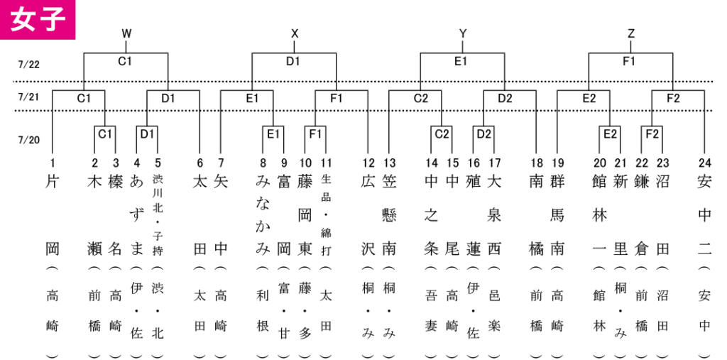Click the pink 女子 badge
coord(37,19)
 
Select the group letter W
coord(126,33)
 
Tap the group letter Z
coord(630,33)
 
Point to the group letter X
coord(295,33)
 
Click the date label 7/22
coord(28,65)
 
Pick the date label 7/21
coord(28,97)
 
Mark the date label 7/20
coord(28,139)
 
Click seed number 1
coord(53,163)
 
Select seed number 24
coord(704,163)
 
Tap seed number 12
coord(368,163)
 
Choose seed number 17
coord(494,163)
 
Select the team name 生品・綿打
coord(326,214)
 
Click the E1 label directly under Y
coord(460,61)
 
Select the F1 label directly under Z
coord(629,61)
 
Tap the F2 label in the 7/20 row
coord(652,134)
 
